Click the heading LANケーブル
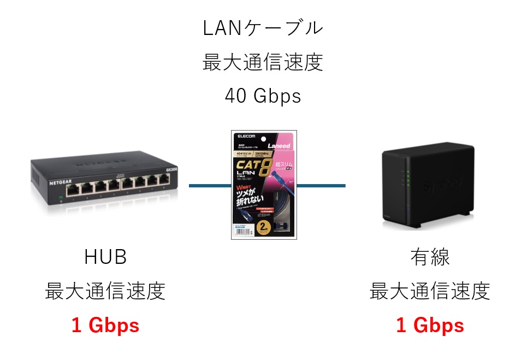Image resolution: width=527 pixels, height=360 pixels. pos(263,28)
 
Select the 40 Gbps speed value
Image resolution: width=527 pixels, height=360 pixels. pos(263,96)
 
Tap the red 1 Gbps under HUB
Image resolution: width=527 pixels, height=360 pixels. pos(105,326)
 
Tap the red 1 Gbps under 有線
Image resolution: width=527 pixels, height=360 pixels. pos(430,326)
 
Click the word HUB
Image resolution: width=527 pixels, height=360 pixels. pos(105,257)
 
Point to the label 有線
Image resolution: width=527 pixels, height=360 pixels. pos(430,257)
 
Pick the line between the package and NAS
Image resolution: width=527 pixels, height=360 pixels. pos(321,186)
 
